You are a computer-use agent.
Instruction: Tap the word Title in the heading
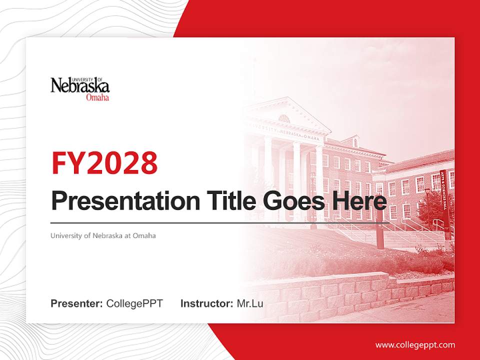[230, 201]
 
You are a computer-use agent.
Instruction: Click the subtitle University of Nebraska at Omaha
[103, 235]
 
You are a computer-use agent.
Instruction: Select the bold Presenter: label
[77, 303]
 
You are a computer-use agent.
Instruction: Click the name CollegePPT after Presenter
[134, 303]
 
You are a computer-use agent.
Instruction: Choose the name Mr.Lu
[250, 303]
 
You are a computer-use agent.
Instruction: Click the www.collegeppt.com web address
[415, 345]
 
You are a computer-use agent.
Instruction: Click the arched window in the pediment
[283, 118]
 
